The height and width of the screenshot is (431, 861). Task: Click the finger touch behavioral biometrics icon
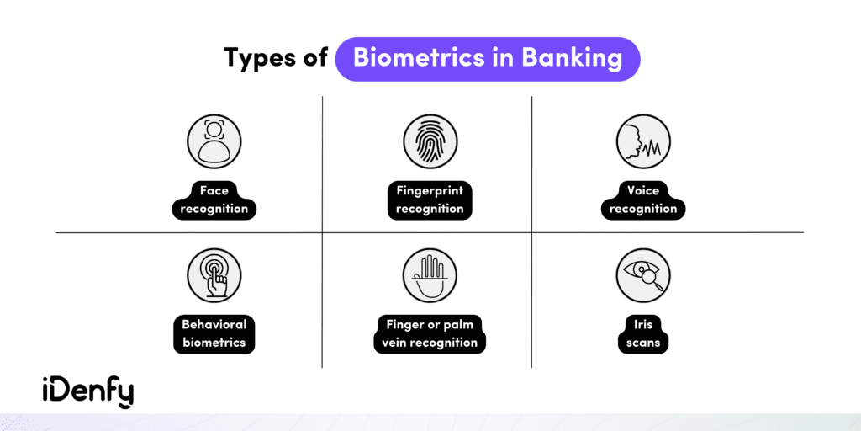(214, 276)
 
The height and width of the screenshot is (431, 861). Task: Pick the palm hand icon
(430, 276)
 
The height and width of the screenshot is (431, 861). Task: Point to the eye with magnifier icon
(643, 276)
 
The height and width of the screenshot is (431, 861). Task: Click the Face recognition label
(214, 199)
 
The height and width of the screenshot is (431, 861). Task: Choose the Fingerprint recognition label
(430, 199)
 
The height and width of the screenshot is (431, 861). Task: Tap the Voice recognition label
(643, 199)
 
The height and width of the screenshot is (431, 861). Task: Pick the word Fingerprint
(430, 190)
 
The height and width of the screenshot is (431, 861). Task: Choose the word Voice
(643, 190)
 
